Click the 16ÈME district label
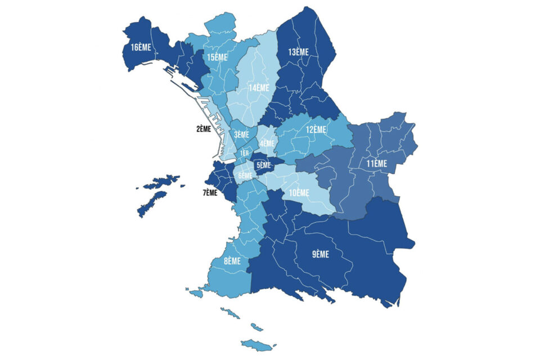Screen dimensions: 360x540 pyautogui.click(x=141, y=47)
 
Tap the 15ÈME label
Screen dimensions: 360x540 pyautogui.click(x=217, y=57)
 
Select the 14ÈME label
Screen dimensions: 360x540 pyautogui.click(x=259, y=88)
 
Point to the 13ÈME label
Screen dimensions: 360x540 pyautogui.click(x=299, y=52)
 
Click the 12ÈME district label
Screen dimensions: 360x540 pyautogui.click(x=316, y=129)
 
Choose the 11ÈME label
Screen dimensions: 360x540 pyautogui.click(x=377, y=164)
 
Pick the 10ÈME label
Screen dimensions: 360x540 pyautogui.click(x=299, y=193)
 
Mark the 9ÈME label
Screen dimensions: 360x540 pyautogui.click(x=321, y=254)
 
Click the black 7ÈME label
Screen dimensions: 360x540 pyautogui.click(x=209, y=193)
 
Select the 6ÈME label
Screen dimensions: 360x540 pyautogui.click(x=245, y=175)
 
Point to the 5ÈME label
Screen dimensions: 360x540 pyautogui.click(x=263, y=165)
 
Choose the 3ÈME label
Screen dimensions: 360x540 pyautogui.click(x=241, y=134)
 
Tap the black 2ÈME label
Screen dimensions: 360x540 pyautogui.click(x=204, y=129)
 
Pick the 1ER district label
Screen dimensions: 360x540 pyautogui.click(x=244, y=153)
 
